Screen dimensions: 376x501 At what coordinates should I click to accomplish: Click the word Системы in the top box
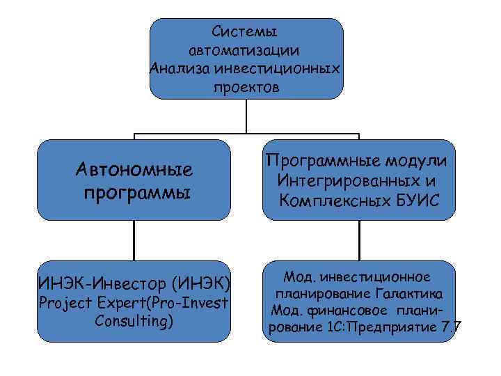(x=246, y=32)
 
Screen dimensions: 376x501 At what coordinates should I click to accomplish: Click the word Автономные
(x=135, y=170)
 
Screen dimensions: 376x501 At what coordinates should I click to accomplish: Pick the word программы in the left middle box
(x=135, y=192)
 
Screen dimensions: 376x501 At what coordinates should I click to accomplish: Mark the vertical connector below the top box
(x=246, y=115)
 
